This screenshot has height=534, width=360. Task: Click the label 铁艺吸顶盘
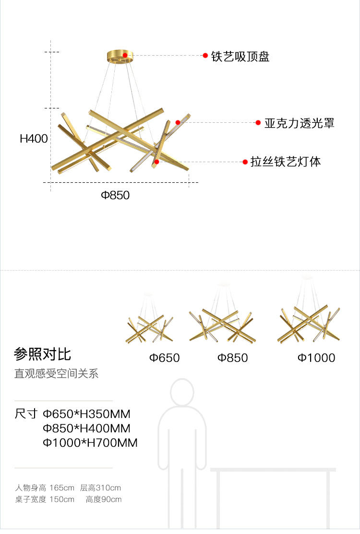(240, 57)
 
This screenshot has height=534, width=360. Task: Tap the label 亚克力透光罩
(299, 123)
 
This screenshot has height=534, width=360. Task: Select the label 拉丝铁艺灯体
(286, 162)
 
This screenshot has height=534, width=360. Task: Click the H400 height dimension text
(34, 139)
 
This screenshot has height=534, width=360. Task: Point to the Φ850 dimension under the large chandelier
(115, 195)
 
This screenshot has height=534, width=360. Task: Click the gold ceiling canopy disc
(120, 56)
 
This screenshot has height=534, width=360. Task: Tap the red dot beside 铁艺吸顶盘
(205, 56)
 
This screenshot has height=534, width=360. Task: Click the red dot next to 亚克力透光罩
(258, 123)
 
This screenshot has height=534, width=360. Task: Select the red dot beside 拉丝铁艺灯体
(245, 162)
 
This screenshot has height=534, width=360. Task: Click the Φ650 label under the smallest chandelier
(164, 358)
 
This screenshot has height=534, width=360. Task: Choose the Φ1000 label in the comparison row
(316, 358)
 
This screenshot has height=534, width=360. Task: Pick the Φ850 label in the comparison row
(233, 358)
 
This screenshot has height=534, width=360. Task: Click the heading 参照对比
(43, 355)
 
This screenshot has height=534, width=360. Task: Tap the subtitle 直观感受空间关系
(56, 374)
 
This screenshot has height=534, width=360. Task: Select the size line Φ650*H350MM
(86, 414)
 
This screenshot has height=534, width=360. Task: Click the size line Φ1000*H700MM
(90, 443)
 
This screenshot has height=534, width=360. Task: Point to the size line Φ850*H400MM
(86, 428)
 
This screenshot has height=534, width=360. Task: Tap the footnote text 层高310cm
(100, 488)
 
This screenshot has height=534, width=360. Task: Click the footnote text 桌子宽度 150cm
(45, 499)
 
